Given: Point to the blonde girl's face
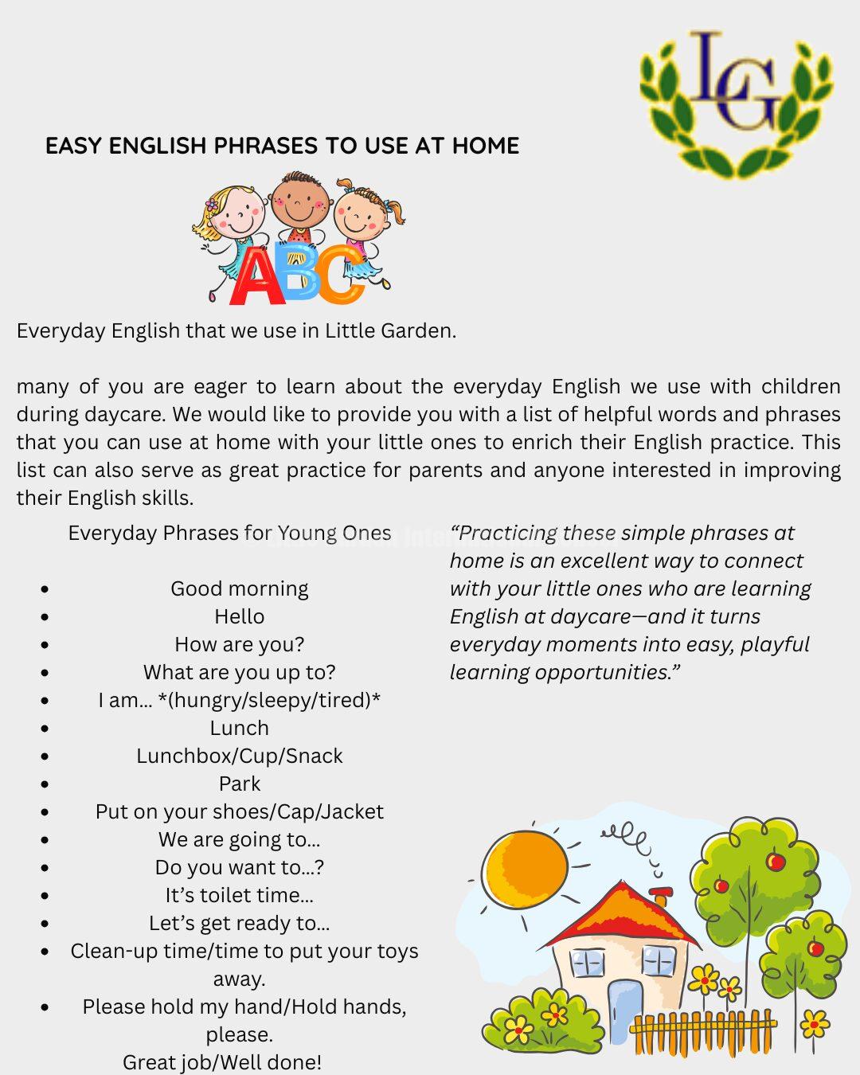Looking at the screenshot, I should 234,211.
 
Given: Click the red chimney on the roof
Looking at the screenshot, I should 660,895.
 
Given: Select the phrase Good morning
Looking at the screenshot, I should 239,588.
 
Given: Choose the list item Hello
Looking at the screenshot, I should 239,616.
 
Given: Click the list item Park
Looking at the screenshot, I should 239,784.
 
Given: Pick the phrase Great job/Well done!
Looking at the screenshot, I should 222,1061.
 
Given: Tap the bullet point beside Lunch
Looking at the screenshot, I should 45,729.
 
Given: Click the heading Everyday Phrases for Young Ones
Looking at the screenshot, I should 229,533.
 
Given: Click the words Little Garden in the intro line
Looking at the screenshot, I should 389,330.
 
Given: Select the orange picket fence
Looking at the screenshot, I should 701,1033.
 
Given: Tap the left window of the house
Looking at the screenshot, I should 588,963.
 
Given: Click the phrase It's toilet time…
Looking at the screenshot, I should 239,895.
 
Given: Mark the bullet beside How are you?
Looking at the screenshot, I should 45,645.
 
